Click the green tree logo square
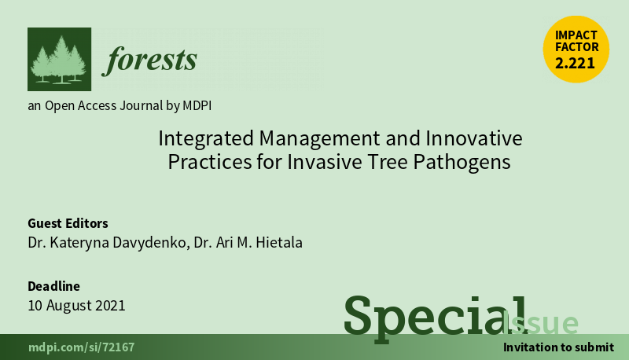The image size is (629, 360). [60, 59]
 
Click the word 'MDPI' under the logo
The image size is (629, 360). [197, 105]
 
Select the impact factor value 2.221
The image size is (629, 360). [575, 64]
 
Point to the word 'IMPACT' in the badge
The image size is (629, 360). [576, 35]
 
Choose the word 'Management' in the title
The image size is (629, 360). [320, 138]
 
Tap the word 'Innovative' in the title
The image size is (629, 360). [474, 138]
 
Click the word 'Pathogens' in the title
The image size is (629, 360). [462, 162]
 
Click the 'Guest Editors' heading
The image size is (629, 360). [68, 223]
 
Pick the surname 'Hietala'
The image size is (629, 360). [279, 243]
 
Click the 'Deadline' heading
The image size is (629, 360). [53, 286]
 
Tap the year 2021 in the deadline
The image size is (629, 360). [109, 306]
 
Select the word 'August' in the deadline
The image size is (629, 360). [68, 306]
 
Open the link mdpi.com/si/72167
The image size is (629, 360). [82, 347]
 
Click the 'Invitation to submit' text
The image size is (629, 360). [558, 347]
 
